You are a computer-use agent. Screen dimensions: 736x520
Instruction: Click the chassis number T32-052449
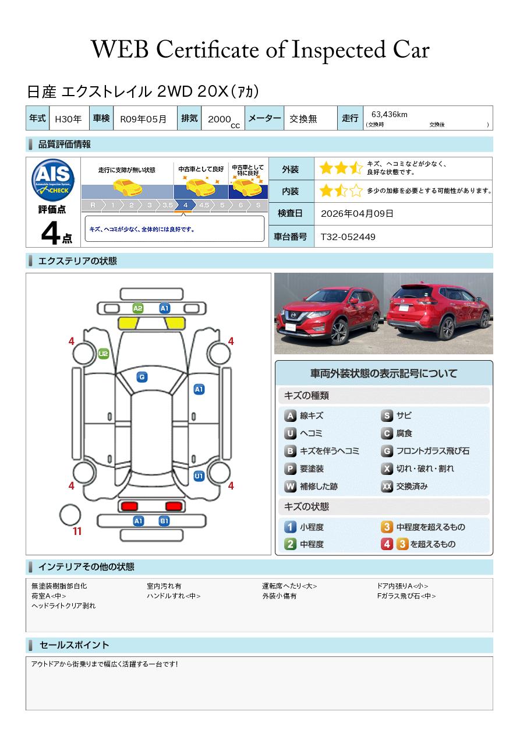(x=348, y=237)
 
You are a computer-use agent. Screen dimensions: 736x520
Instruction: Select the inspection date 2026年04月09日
(x=357, y=214)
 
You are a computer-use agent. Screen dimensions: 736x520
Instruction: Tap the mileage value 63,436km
(x=389, y=115)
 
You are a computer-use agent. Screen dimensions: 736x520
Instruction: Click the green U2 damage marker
(x=103, y=354)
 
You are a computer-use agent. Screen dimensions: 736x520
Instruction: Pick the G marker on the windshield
(x=142, y=377)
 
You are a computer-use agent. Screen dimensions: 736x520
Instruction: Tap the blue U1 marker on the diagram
(x=199, y=476)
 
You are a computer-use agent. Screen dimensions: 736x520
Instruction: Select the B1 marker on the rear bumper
(x=164, y=521)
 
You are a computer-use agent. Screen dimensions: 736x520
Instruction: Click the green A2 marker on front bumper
(x=138, y=308)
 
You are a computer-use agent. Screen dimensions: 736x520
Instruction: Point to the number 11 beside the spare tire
(x=77, y=531)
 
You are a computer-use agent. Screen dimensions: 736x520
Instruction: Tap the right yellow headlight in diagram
(x=175, y=323)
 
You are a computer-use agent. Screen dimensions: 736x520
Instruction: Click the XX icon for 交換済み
(x=387, y=487)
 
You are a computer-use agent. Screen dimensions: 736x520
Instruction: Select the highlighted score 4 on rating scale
(x=185, y=206)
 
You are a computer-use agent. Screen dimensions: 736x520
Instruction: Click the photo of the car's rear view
(x=438, y=314)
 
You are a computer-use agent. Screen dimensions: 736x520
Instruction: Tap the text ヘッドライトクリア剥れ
(x=63, y=606)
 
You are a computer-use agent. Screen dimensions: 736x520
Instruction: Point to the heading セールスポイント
(x=74, y=645)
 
